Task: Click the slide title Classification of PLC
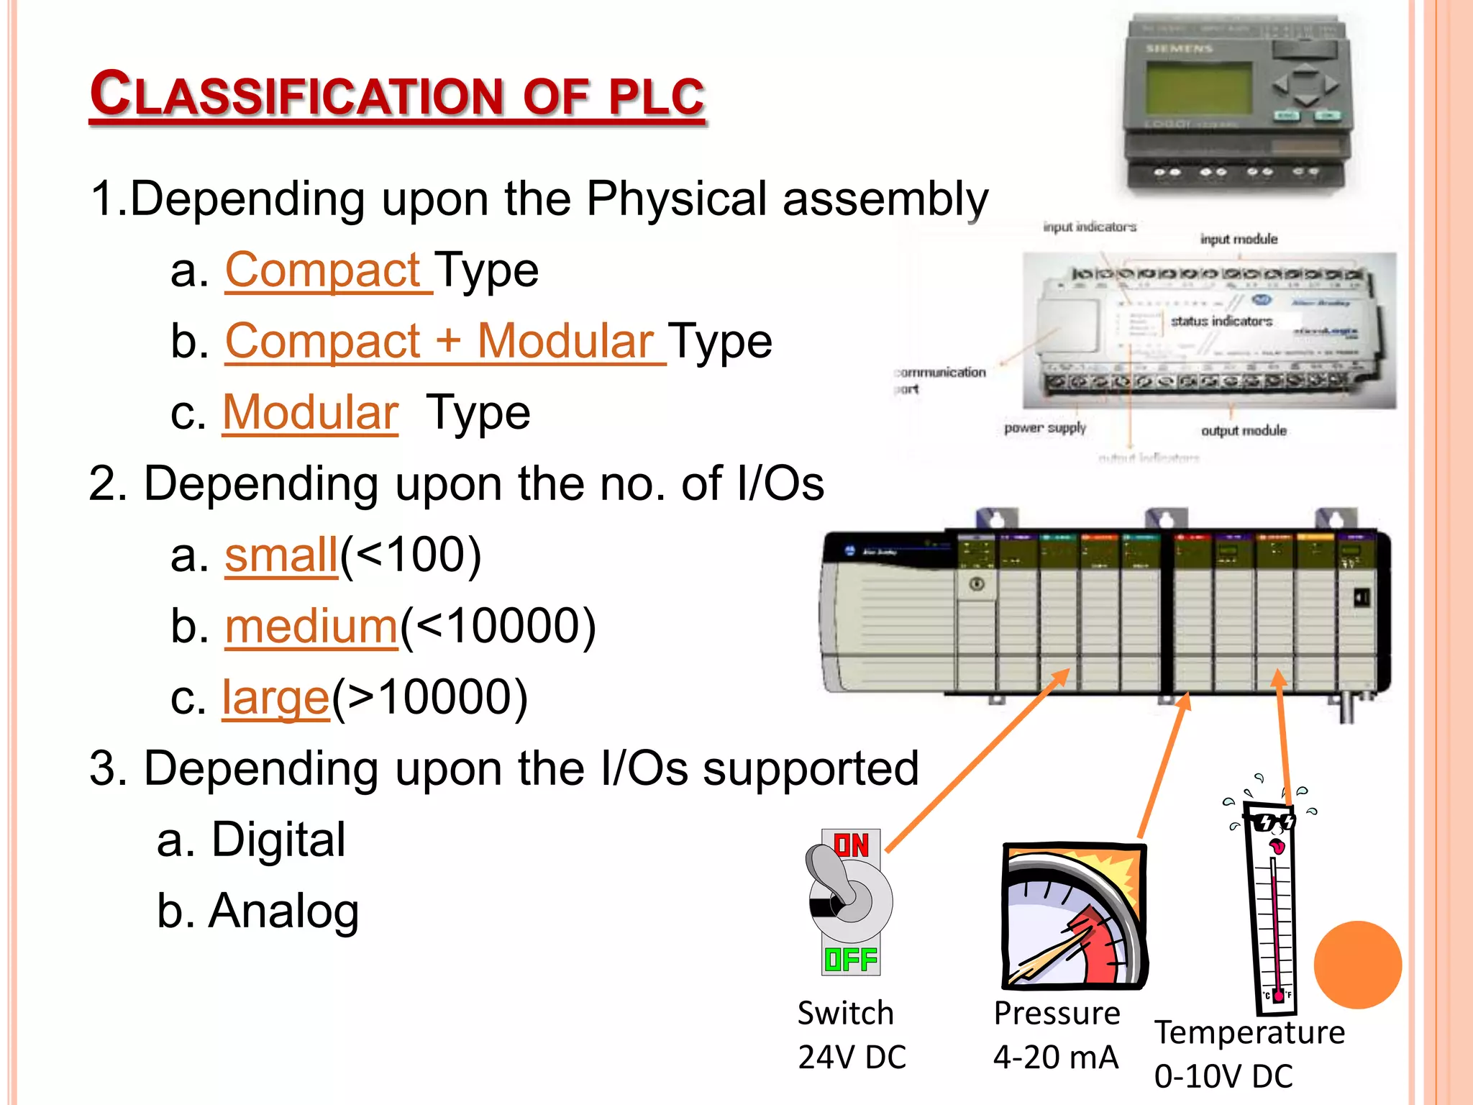coord(397,95)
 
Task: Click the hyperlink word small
coord(281,555)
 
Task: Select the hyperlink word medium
coord(311,627)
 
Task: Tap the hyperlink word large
coord(275,698)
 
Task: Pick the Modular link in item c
coord(310,413)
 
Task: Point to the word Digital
coord(278,840)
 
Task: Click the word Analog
coord(283,911)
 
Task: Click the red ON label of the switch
coord(851,845)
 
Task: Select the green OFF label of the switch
coord(851,960)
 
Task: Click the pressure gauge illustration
coord(1074,915)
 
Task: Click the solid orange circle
coord(1357,965)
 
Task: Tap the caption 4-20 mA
coord(1055,1058)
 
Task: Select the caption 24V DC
coord(852,1058)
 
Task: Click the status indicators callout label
coord(1221,321)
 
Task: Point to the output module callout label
coord(1244,431)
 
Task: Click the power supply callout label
coord(1044,428)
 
